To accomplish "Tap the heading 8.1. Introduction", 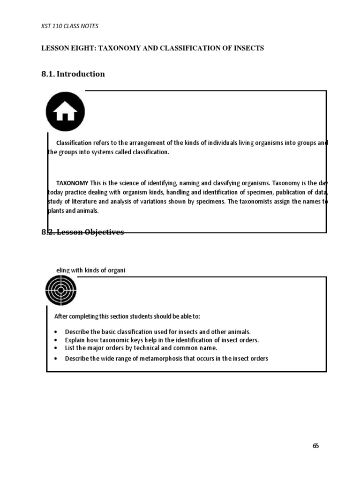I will pyautogui.click(x=73, y=74).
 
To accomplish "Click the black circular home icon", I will pyautogui.click(x=65, y=112).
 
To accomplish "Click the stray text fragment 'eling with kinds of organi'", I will pyautogui.click(x=90, y=270).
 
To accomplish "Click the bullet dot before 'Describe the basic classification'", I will pyautogui.click(x=56, y=331).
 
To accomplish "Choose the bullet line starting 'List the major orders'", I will pyautogui.click(x=141, y=348).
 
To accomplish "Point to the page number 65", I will pyautogui.click(x=315, y=446).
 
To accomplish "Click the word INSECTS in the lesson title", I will pyautogui.click(x=248, y=49).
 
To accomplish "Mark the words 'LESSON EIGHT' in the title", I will pyautogui.click(x=64, y=49).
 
